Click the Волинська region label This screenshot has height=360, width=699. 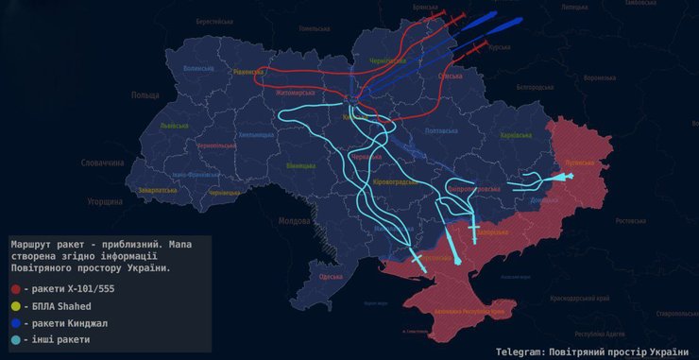(x=199, y=69)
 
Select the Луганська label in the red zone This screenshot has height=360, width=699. (x=577, y=163)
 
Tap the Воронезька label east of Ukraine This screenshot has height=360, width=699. (x=601, y=78)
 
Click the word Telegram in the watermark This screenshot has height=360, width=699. (x=518, y=351)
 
